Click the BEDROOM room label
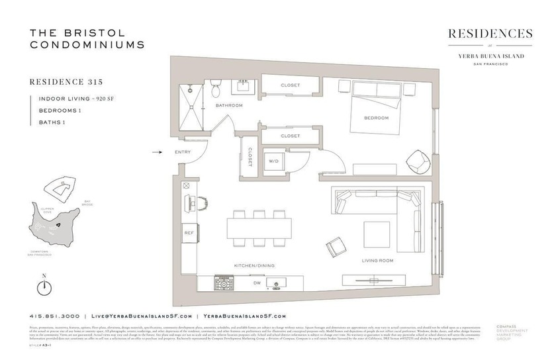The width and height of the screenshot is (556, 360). tap(376, 118)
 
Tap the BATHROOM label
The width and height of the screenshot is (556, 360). tap(229, 105)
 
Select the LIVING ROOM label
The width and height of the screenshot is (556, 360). tap(378, 260)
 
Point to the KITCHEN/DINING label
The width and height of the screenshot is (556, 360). tap(251, 265)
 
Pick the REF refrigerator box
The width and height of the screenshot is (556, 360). tap(189, 233)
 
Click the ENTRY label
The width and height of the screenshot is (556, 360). tap(183, 152)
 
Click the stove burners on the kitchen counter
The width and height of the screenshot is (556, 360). tap(223, 283)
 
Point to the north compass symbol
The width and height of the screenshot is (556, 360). tap(44, 286)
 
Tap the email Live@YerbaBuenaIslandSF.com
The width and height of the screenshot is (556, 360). tap(142, 316)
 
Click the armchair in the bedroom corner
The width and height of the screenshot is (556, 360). tap(418, 160)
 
